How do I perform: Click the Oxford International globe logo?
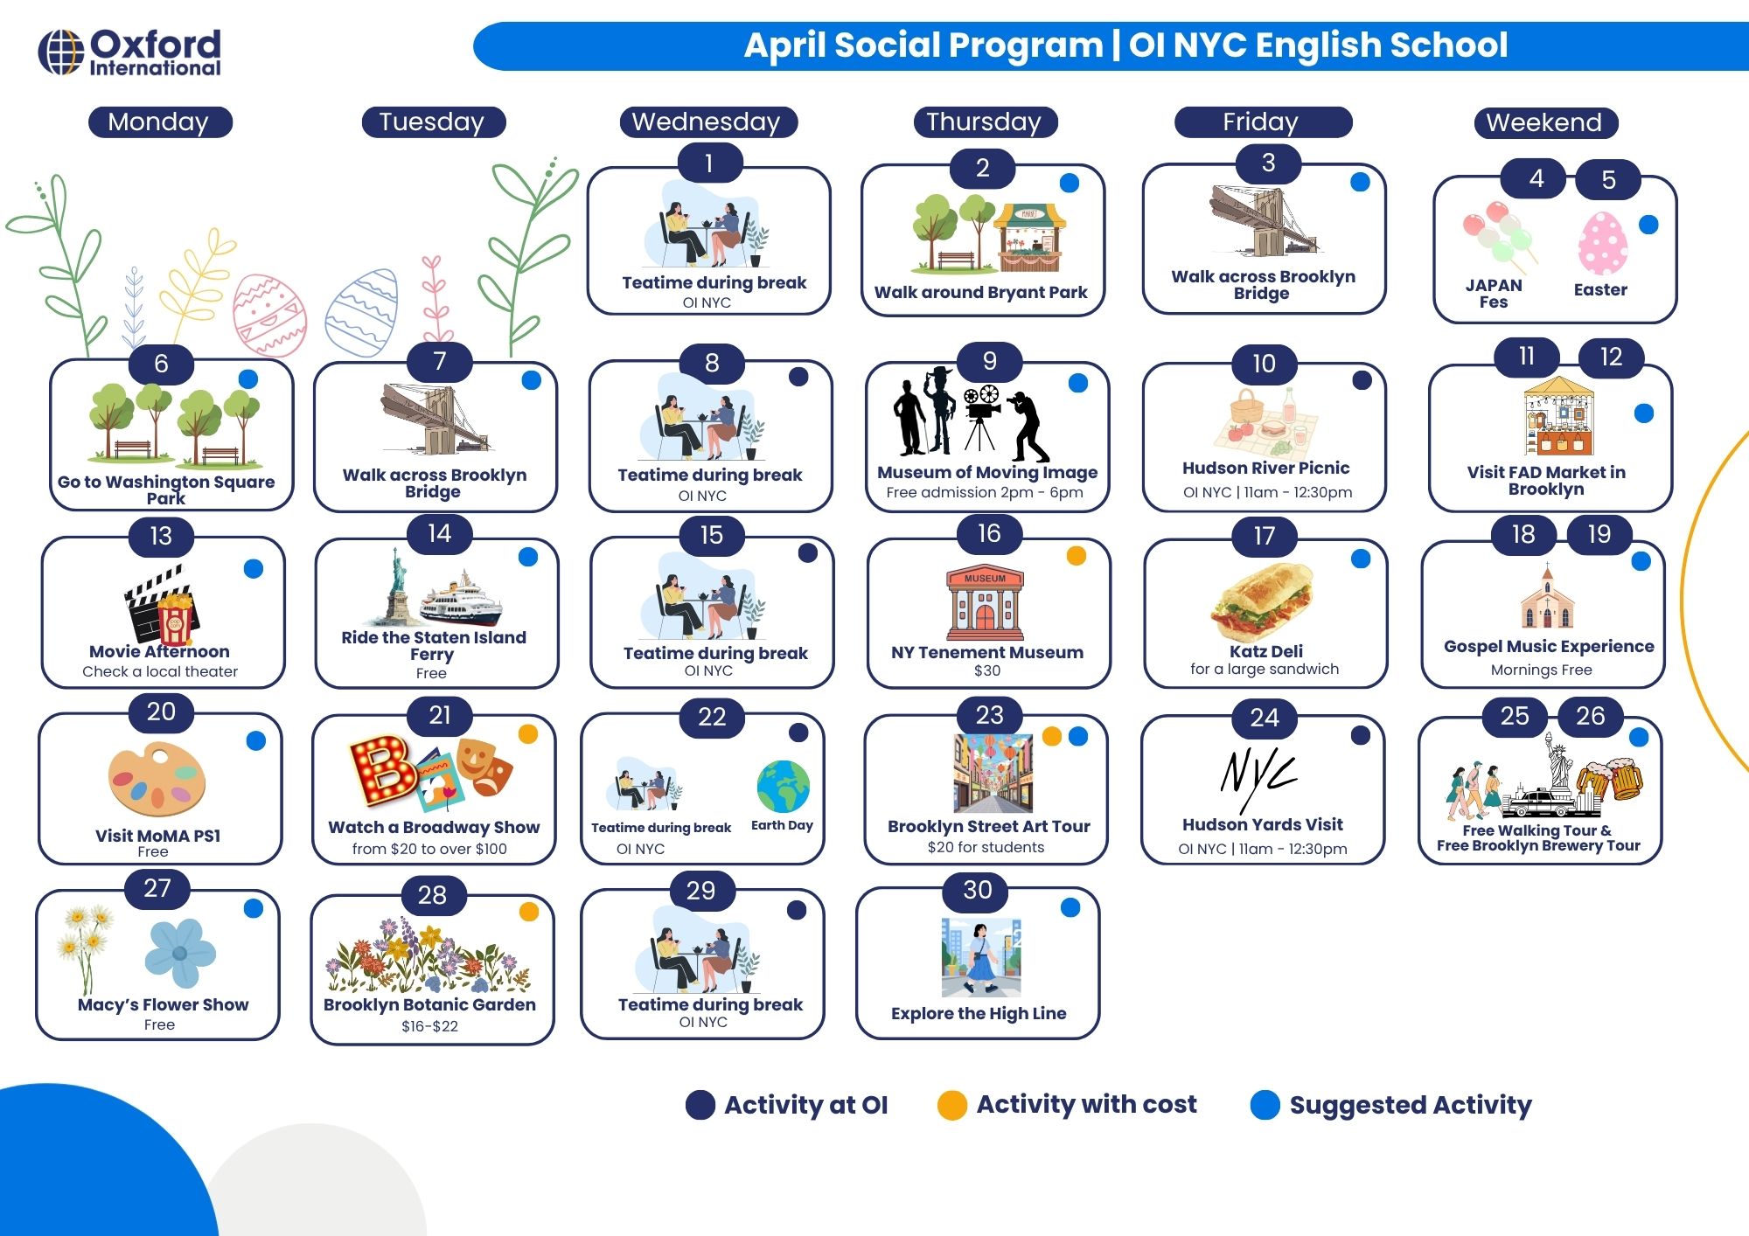click(61, 52)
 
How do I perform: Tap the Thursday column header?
click(984, 122)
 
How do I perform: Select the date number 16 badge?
click(989, 533)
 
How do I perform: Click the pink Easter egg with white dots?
click(1603, 244)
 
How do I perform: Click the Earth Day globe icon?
click(784, 787)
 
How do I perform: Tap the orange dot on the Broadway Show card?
click(528, 734)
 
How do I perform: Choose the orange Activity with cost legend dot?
click(951, 1105)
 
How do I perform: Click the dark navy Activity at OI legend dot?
click(700, 1105)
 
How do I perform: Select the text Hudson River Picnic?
click(1265, 468)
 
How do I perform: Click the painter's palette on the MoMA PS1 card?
click(157, 779)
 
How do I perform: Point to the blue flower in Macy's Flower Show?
click(180, 952)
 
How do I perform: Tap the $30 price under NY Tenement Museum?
click(987, 670)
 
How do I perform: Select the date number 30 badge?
click(978, 890)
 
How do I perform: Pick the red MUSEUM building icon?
click(985, 603)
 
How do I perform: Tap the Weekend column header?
click(1544, 122)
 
